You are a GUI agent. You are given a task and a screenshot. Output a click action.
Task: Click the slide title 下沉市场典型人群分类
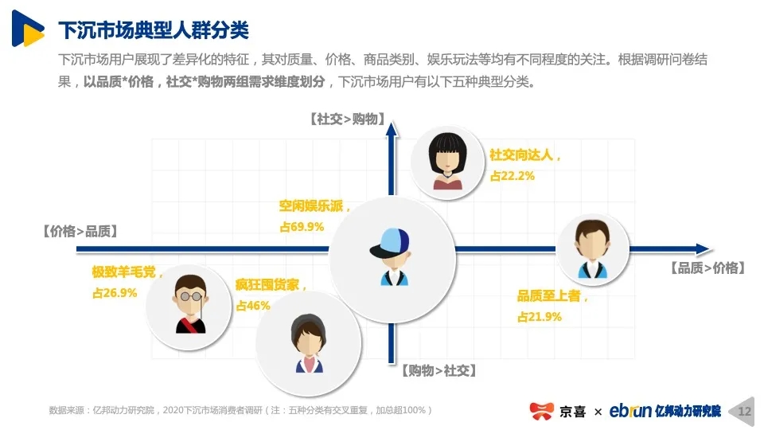pos(154,30)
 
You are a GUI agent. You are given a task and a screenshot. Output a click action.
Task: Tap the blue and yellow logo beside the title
pos(28,29)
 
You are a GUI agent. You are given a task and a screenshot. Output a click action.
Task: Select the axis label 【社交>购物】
pos(348,119)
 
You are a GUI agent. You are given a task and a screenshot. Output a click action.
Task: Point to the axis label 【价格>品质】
pos(80,231)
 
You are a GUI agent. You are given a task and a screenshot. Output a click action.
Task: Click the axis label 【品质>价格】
pos(708,268)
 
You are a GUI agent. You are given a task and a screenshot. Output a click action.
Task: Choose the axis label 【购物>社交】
pos(439,370)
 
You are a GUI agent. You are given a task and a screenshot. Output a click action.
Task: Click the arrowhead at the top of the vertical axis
pos(392,129)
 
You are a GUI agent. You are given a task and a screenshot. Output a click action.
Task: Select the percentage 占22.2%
pos(512,176)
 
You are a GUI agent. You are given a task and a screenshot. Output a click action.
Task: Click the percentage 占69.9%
pos(302,227)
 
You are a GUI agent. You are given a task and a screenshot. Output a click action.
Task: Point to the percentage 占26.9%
pos(115,293)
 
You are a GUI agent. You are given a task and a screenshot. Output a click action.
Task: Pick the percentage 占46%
pos(253,306)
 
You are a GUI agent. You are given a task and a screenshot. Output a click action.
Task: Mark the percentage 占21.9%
pos(540,317)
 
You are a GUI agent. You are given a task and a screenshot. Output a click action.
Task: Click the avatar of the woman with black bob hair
pos(448,162)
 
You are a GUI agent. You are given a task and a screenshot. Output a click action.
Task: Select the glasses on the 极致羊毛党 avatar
pos(190,296)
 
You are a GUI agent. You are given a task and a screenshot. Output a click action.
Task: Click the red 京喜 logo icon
pos(541,411)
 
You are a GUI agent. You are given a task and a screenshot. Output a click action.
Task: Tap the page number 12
pos(745,412)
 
